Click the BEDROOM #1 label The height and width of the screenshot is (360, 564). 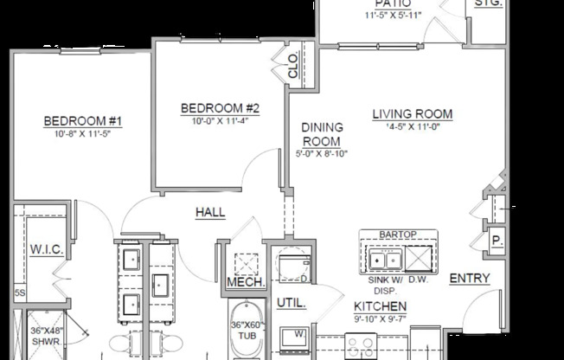coord(84,120)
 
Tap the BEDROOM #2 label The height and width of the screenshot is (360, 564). coord(221,108)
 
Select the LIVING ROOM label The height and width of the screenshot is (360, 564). coord(413,114)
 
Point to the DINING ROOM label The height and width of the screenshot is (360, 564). coord(321,134)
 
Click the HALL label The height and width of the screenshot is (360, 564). coord(210,212)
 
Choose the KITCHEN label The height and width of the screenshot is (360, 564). coord(381,306)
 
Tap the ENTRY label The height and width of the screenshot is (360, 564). coord(470,278)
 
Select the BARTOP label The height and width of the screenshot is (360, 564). coord(399,235)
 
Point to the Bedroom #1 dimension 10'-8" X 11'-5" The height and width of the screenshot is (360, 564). coord(84,135)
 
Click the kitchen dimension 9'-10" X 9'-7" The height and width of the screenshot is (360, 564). coord(381,318)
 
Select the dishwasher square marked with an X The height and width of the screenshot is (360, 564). coord(420,259)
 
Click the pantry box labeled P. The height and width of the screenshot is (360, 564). coord(497,241)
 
